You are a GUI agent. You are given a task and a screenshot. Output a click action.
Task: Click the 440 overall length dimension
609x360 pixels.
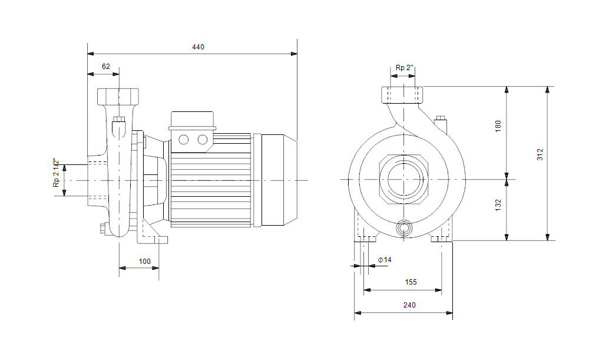[198, 47]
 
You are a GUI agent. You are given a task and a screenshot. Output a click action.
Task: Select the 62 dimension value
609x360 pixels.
[105, 67]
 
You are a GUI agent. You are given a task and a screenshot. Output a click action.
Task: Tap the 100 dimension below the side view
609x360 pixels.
[144, 262]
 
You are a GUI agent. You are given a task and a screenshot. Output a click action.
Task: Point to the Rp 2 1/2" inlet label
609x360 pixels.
[57, 173]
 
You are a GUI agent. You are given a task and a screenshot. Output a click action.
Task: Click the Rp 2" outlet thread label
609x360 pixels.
[404, 68]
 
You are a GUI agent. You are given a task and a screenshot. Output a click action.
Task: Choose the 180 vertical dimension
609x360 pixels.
[498, 126]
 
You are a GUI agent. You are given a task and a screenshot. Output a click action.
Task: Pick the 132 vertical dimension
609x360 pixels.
[498, 205]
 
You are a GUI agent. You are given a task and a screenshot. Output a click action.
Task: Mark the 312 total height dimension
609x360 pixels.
[540, 154]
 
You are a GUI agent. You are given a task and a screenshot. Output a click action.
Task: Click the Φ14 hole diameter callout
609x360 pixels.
[385, 260]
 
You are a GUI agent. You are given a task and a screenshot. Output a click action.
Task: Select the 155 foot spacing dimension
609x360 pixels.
[411, 282]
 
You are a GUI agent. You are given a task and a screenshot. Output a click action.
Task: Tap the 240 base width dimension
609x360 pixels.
[409, 305]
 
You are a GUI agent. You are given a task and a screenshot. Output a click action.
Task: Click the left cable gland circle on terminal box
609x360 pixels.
[183, 140]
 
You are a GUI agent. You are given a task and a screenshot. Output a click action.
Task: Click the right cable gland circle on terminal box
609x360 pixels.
[203, 140]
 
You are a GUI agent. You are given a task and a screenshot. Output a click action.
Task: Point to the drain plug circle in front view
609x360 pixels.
[404, 228]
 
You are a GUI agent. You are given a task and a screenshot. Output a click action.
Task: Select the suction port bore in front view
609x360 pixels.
[404, 179]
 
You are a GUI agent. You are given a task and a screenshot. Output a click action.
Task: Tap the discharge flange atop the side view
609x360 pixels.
[118, 97]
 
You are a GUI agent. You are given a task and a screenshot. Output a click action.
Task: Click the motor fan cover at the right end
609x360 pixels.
[279, 180]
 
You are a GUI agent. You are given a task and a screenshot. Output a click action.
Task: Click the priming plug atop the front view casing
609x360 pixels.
[441, 125]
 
